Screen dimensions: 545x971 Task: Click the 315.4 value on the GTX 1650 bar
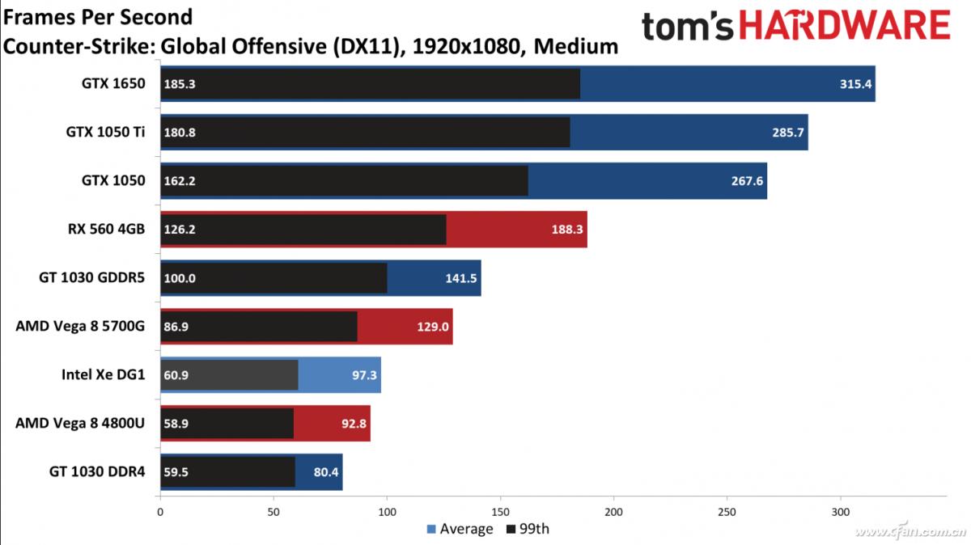856,84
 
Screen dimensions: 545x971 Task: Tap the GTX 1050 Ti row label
106,132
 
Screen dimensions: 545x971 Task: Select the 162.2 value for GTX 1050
179,180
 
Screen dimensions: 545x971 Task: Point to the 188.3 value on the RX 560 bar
567,229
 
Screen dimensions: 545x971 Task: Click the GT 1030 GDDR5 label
92,277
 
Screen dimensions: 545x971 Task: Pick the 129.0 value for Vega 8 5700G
433,326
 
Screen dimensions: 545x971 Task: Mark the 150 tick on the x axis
501,511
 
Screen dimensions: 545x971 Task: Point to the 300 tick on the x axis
842,511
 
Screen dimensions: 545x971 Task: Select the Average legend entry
460,530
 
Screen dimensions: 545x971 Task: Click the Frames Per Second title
98,16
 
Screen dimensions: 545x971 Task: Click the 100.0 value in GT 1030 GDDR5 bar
179,277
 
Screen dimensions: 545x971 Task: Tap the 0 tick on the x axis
160,511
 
